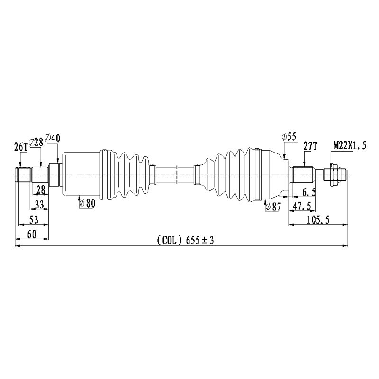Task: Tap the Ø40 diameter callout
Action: click(x=53, y=138)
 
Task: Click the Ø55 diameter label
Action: click(x=289, y=137)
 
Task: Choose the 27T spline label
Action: click(x=310, y=146)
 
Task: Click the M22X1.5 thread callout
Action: click(x=350, y=145)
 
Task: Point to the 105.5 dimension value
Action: click(x=319, y=219)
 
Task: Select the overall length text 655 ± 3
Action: click(x=199, y=241)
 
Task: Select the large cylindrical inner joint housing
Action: click(x=81, y=174)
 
